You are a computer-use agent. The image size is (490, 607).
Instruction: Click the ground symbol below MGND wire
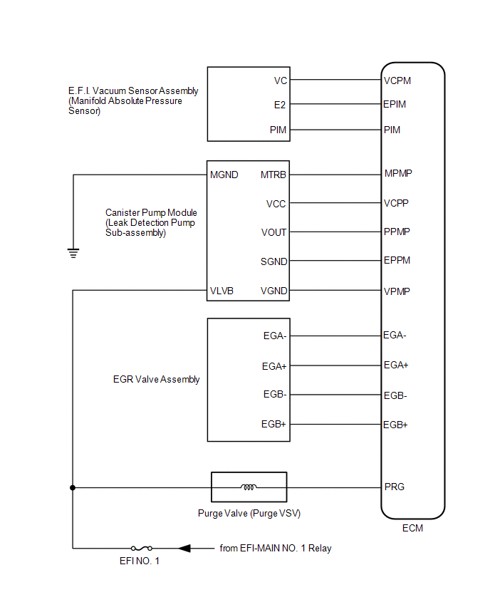(73, 251)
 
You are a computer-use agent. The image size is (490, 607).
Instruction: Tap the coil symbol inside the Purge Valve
(249, 488)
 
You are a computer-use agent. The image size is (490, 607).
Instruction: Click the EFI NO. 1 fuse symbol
(140, 548)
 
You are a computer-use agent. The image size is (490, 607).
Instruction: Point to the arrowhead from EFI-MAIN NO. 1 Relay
(184, 548)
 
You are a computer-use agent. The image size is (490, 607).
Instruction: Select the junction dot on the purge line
(73, 488)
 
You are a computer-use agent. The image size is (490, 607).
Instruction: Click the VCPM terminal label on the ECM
(397, 81)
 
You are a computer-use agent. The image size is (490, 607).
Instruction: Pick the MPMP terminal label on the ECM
(398, 173)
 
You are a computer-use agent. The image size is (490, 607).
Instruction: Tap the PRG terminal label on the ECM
(394, 487)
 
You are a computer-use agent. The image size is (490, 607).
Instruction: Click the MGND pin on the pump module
(224, 175)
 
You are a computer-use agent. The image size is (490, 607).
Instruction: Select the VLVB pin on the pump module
(222, 291)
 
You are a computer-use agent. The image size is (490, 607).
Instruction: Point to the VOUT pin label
(274, 232)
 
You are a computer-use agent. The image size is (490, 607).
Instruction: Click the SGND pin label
(274, 261)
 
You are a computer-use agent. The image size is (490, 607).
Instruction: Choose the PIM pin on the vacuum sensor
(278, 130)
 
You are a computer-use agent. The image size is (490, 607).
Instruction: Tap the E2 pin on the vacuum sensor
(280, 105)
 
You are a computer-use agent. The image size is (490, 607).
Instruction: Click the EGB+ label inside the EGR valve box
(274, 425)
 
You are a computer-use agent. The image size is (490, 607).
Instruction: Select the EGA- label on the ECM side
(395, 335)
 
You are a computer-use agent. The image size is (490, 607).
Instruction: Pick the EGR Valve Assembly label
(151, 380)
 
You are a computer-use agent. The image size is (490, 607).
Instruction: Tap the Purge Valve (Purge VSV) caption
(245, 513)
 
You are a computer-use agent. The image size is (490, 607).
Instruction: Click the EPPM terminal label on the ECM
(397, 261)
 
